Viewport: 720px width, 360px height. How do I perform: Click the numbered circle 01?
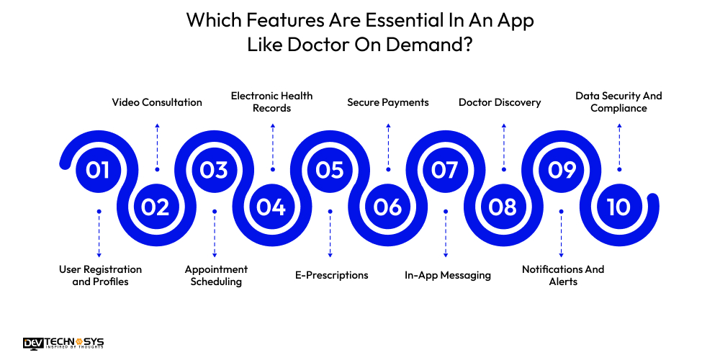point(99,170)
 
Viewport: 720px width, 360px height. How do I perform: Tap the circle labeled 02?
point(156,207)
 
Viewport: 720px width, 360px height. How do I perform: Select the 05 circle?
point(330,170)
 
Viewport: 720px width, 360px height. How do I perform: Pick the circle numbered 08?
point(503,207)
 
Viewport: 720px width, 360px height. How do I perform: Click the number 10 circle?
point(618,207)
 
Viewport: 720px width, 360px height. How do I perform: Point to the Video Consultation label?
point(157,102)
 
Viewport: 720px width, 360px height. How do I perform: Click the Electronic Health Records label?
point(272,102)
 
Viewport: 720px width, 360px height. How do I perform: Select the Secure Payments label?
point(388,102)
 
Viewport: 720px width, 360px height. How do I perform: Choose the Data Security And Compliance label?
point(618,102)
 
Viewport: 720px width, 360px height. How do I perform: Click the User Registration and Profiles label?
point(100,275)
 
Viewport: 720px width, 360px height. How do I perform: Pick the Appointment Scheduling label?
point(216,275)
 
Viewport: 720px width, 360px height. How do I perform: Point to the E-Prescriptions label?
point(331,275)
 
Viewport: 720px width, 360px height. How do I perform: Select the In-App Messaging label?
point(447,275)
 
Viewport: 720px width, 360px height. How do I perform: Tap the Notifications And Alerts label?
point(563,275)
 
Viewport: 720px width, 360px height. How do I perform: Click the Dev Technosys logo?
point(63,343)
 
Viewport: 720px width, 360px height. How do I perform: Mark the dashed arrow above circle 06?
point(388,147)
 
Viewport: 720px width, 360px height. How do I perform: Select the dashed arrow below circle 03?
point(215,233)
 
